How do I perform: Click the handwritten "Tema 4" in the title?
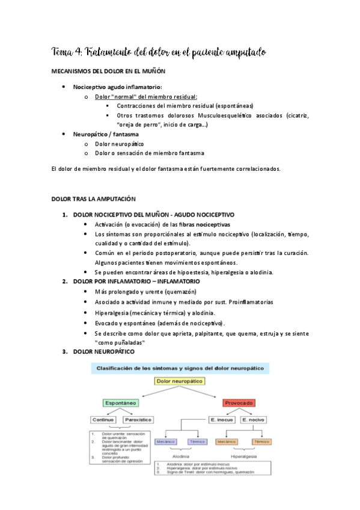coord(68,53)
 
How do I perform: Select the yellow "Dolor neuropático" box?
coord(180,381)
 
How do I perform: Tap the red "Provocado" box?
coord(239,402)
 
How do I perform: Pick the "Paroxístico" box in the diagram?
coord(139,419)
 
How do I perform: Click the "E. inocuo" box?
coord(222,419)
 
